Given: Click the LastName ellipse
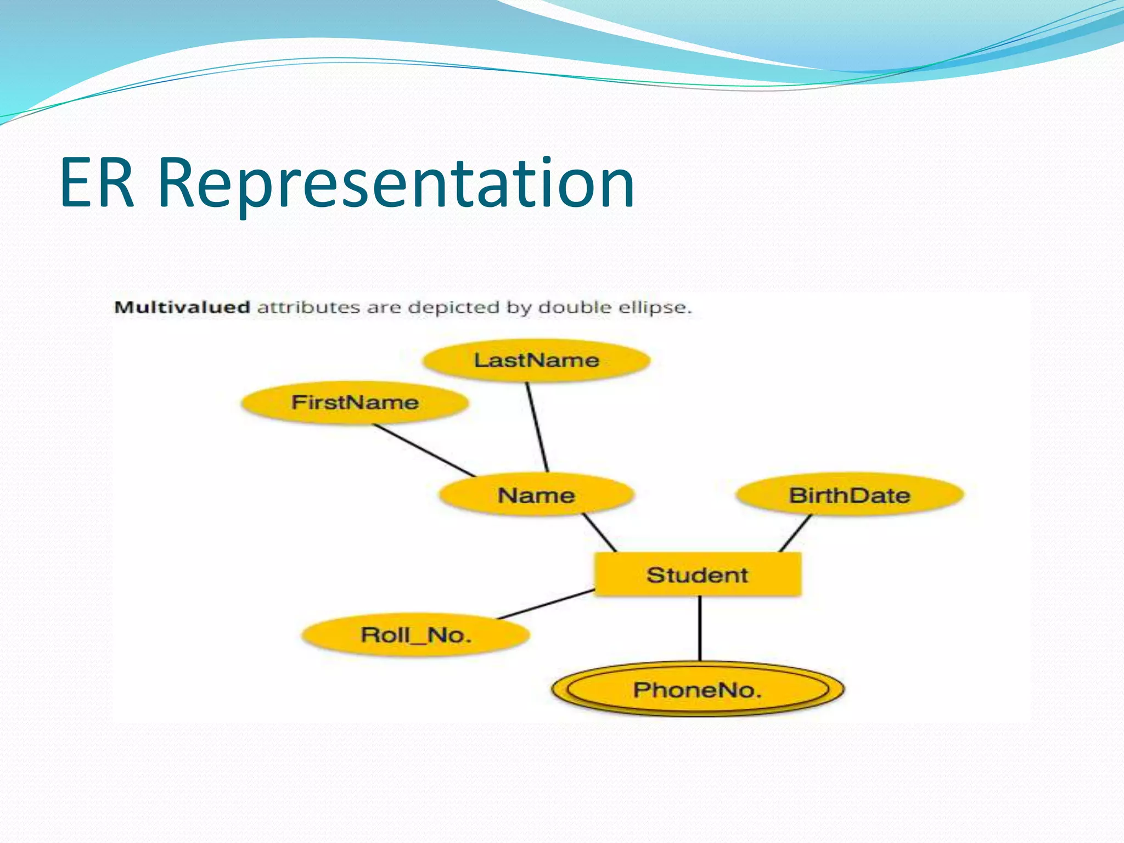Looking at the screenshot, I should [x=536, y=360].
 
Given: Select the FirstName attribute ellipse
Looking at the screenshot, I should [x=355, y=402].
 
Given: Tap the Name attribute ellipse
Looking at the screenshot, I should [x=536, y=495].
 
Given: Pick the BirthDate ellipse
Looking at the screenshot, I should [x=849, y=495].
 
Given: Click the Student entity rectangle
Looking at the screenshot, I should [x=697, y=575].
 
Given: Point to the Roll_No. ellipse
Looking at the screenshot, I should [x=415, y=635].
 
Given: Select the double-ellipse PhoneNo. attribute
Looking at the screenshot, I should [x=697, y=689].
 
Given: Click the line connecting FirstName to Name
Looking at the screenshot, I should [x=424, y=450].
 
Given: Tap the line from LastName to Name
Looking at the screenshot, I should [x=537, y=427].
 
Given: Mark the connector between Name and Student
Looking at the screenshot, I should [x=599, y=532].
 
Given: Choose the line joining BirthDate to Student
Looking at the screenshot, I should [x=795, y=533].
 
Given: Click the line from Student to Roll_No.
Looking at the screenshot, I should [x=546, y=604].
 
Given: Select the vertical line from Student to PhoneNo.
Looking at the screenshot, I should [x=700, y=628].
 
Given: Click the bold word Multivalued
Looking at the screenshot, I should [x=182, y=307].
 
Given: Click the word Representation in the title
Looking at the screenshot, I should [x=396, y=184].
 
